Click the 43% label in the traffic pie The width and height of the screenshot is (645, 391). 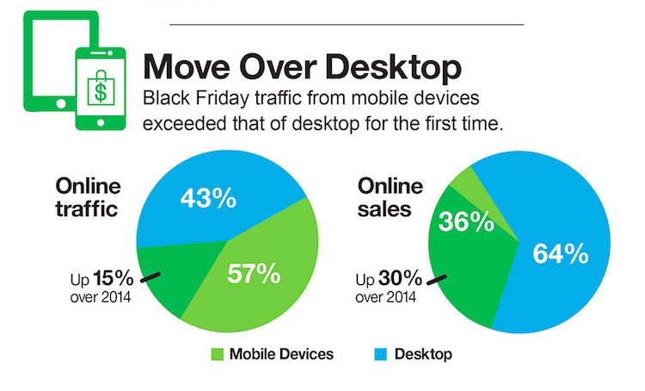(x=207, y=198)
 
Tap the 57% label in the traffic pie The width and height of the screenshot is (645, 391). (x=254, y=274)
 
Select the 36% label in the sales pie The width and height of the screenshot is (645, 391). (x=466, y=221)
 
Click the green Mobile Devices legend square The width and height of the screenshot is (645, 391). (x=217, y=355)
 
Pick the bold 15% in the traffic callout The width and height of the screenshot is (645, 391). (x=111, y=279)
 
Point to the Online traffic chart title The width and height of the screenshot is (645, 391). (x=89, y=197)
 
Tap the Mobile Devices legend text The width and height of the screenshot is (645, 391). (x=279, y=355)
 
